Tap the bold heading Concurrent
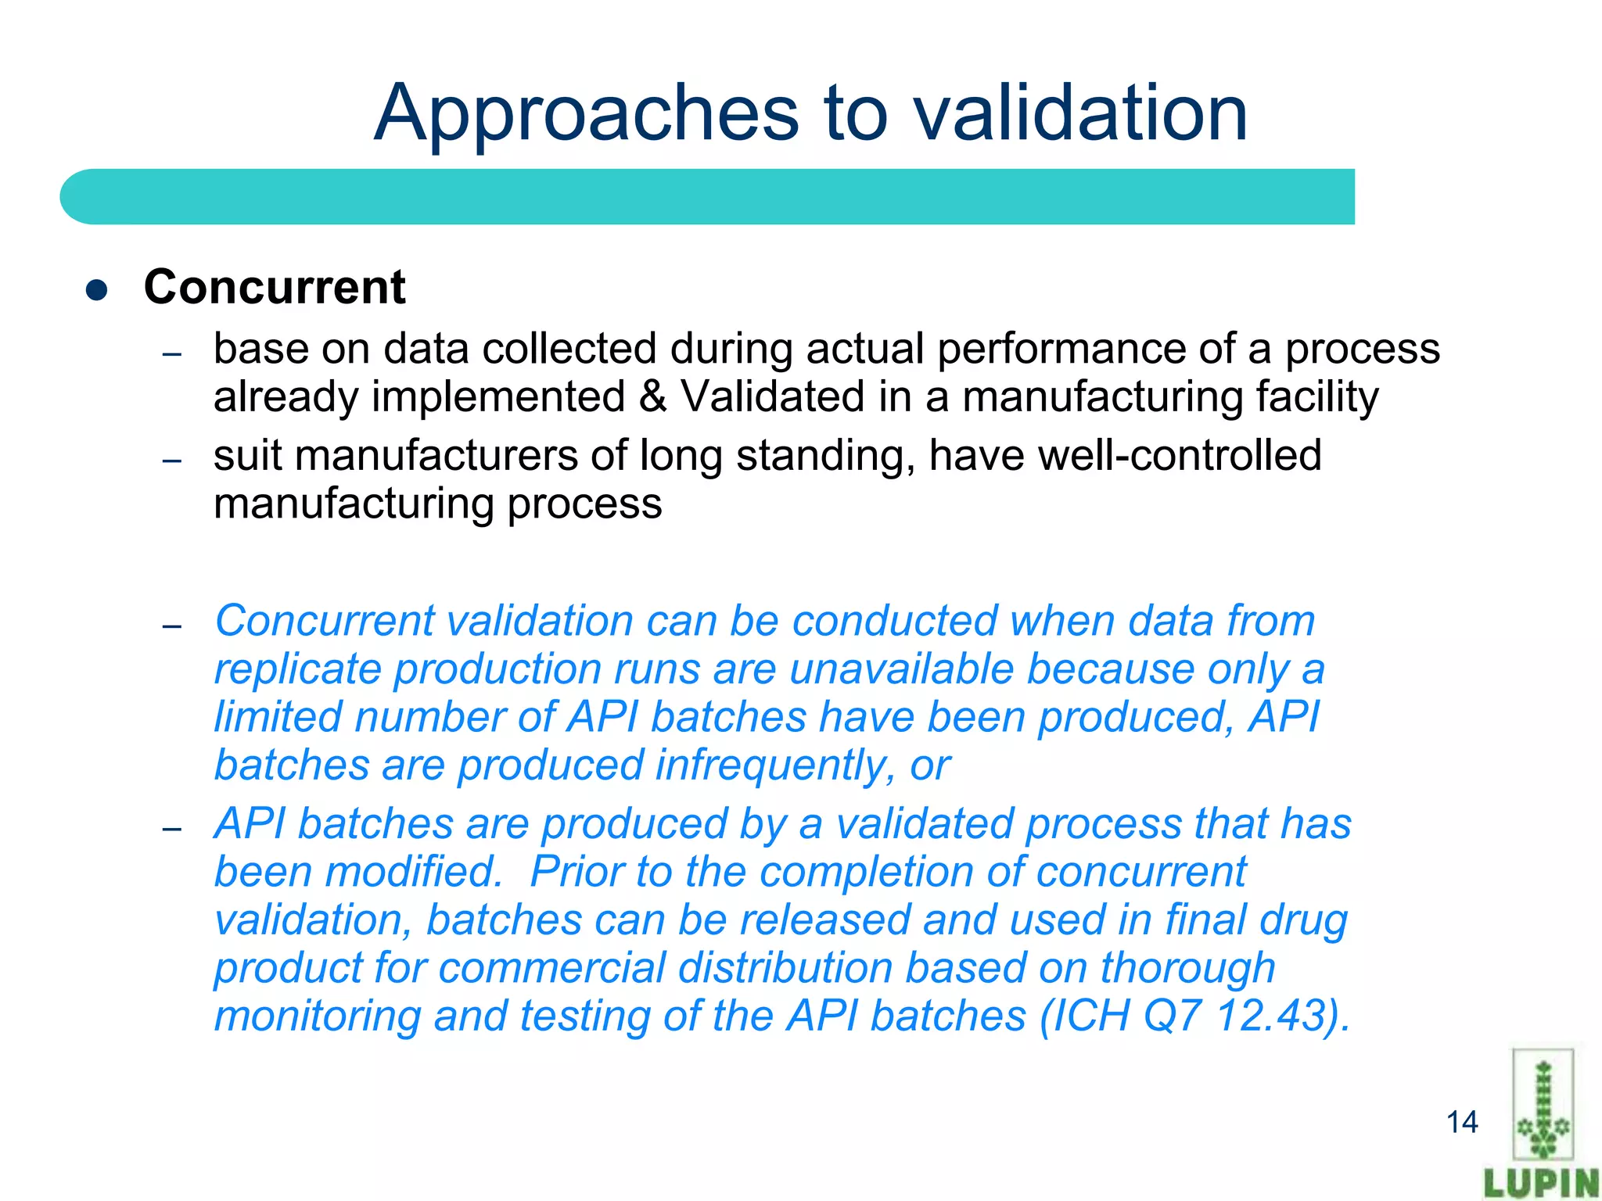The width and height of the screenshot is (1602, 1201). tap(275, 287)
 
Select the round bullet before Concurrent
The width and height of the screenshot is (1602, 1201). tap(96, 290)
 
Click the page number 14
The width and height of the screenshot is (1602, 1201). tap(1461, 1122)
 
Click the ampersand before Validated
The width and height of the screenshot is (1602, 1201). tap(652, 396)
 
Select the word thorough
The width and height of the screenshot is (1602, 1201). tap(1187, 968)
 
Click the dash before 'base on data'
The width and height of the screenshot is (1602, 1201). tap(172, 354)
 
